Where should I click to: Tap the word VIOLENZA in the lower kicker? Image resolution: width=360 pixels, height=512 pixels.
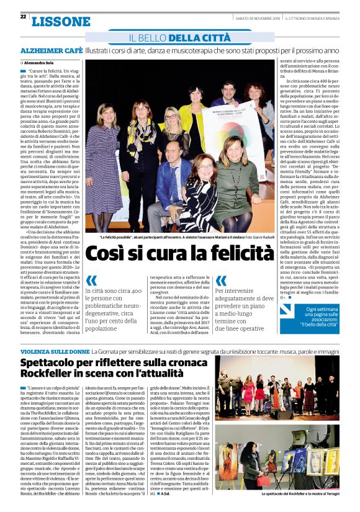point(38,352)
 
